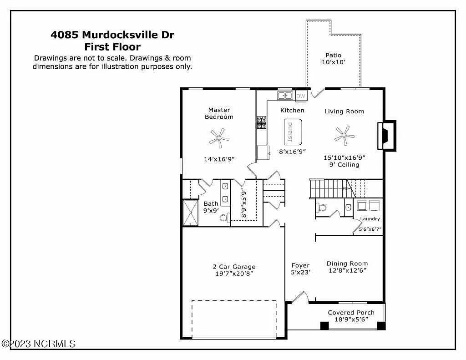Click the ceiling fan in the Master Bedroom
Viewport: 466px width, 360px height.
[219, 137]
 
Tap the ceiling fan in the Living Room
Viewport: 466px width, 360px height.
[344, 135]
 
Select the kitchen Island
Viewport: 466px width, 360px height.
[293, 132]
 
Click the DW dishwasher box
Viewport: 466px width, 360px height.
[300, 96]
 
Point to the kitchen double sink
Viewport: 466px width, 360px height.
[285, 96]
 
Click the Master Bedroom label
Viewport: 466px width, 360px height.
[219, 113]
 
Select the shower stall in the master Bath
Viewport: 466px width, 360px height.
[191, 213]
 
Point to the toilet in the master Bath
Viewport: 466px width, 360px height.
[224, 218]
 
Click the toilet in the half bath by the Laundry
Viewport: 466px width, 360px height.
[321, 208]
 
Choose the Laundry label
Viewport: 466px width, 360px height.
[370, 219]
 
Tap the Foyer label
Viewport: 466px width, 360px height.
[300, 265]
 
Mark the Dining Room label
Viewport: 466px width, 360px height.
[347, 264]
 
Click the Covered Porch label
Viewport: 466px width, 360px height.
[351, 313]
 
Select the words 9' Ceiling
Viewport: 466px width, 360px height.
[344, 165]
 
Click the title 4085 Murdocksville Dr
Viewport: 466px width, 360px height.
[112, 35]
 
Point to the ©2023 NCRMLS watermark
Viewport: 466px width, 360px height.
[38, 344]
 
